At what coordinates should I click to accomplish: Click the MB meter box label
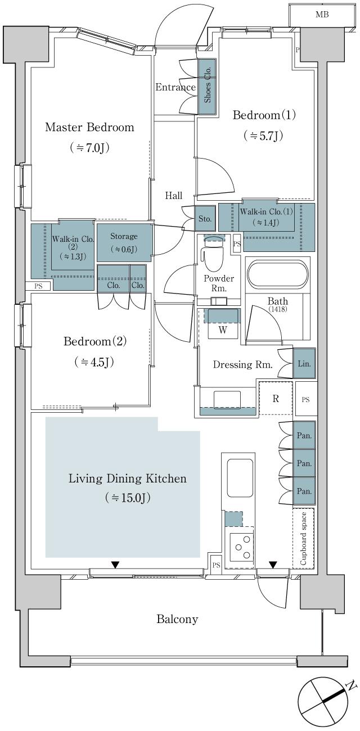322,15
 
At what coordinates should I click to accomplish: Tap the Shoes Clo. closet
207,88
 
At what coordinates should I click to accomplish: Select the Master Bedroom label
89,127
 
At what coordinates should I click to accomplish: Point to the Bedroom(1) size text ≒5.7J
263,136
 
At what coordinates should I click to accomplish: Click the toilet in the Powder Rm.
213,256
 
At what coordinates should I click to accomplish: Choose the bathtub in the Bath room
277,275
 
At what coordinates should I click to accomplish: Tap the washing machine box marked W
223,330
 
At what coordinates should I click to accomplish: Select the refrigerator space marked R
276,399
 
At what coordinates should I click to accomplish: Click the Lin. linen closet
304,363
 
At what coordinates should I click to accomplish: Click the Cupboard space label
304,538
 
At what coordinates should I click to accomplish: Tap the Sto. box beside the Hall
204,218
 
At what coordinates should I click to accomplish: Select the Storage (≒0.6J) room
124,242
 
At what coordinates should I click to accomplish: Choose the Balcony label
177,619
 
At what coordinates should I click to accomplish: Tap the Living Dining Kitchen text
127,479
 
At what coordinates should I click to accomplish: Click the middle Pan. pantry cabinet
304,463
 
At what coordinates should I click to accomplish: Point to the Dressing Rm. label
242,364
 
